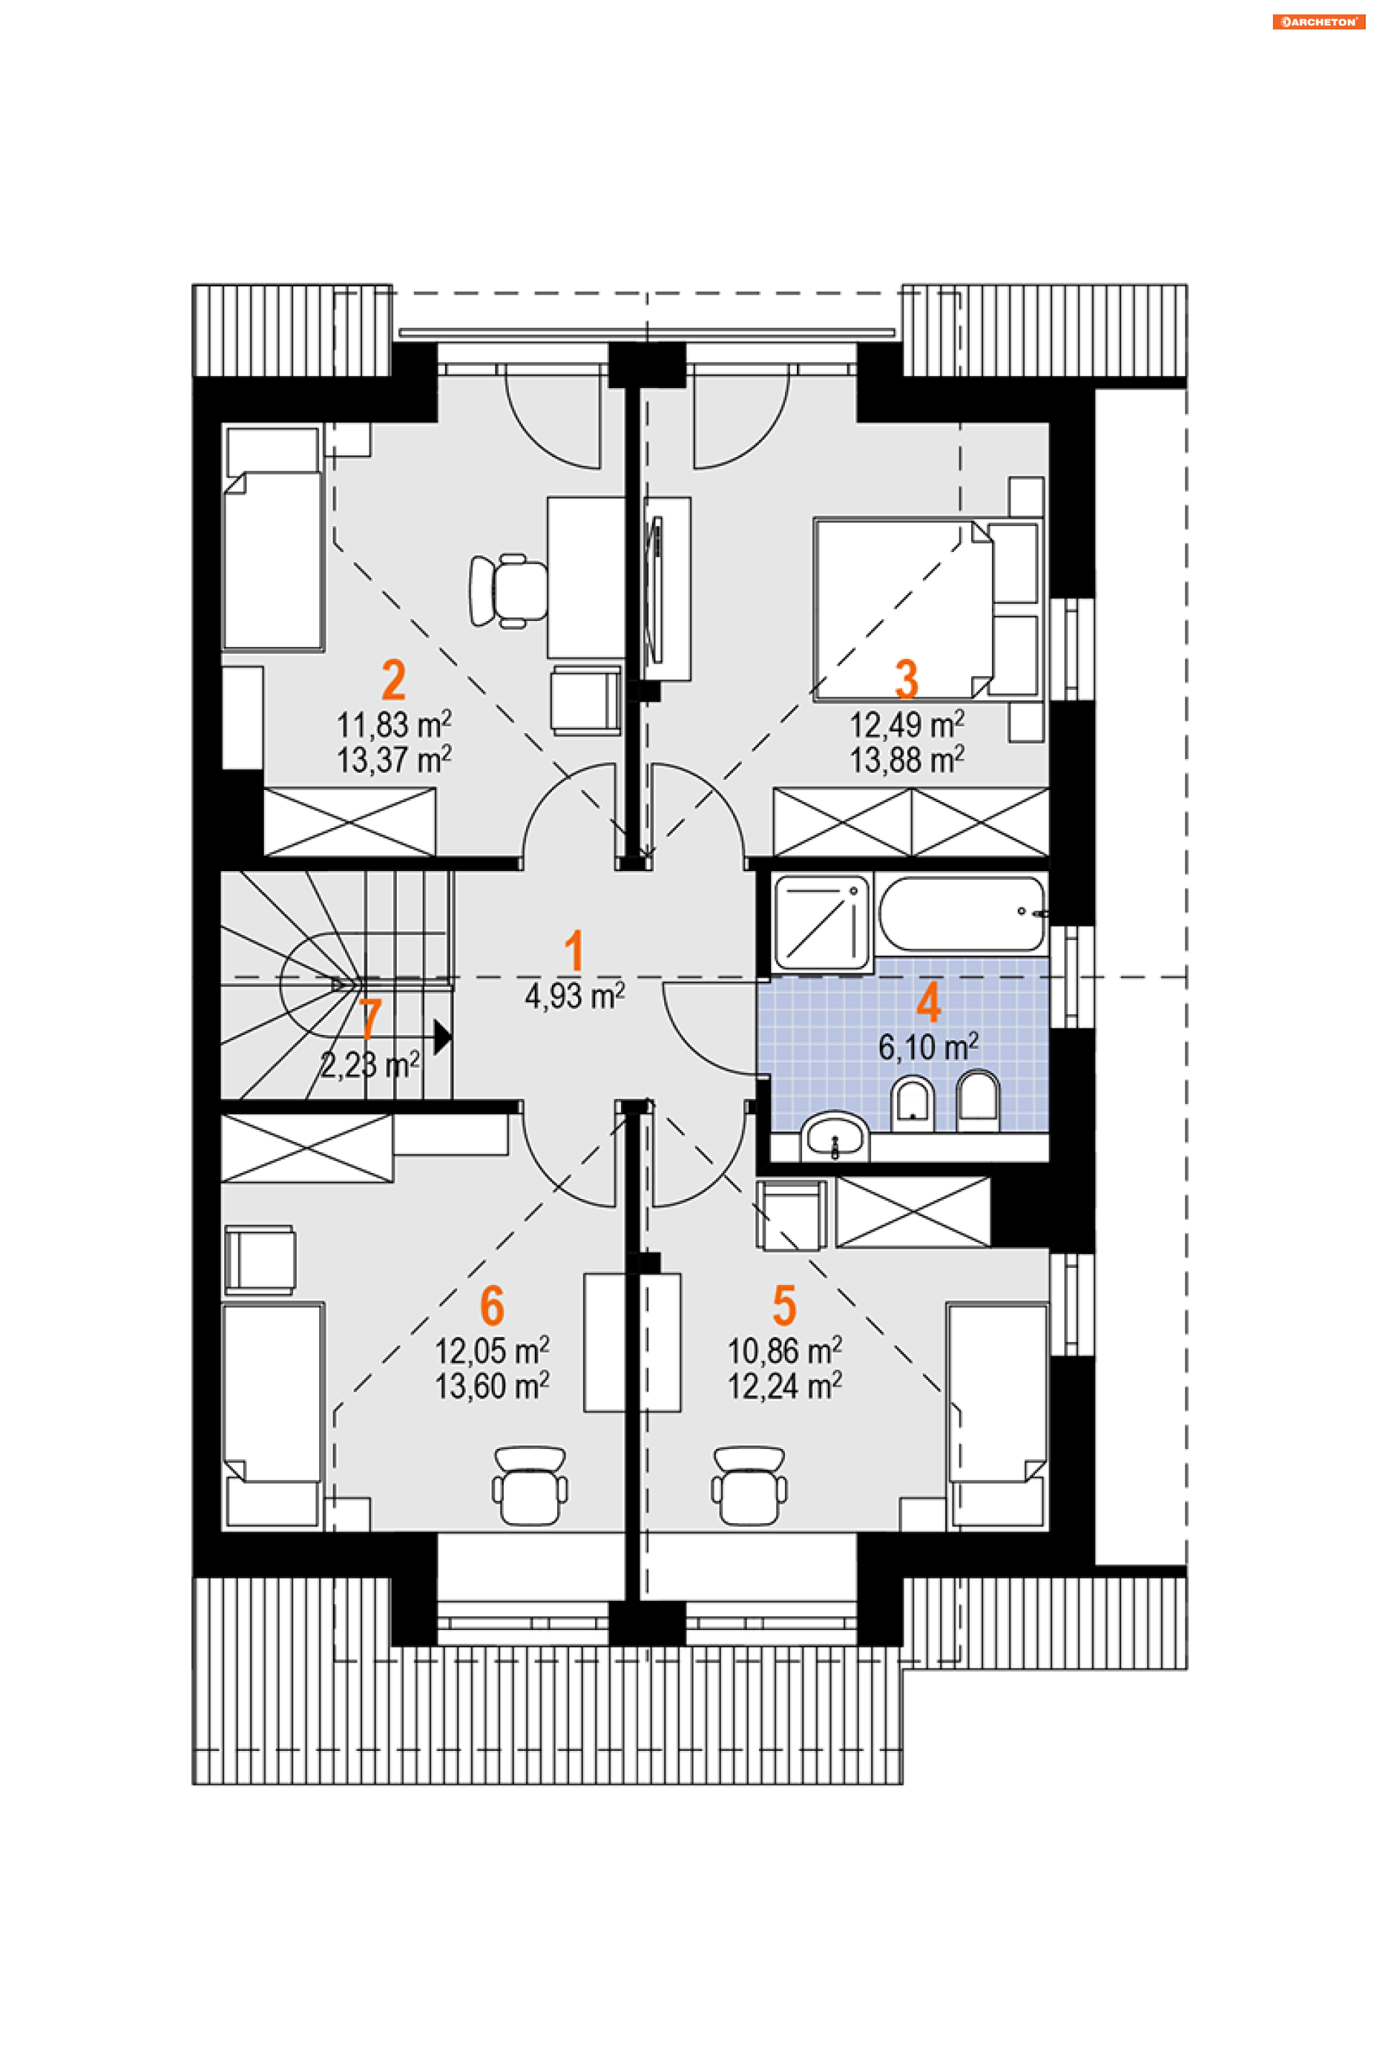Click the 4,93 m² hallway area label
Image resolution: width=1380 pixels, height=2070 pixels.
point(575,996)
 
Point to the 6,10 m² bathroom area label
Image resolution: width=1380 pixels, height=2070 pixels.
point(929,1047)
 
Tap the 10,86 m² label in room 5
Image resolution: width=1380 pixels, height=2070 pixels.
point(784,1350)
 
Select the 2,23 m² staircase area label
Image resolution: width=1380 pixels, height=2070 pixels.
point(369,1065)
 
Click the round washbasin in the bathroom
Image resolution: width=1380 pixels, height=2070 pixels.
point(834,1137)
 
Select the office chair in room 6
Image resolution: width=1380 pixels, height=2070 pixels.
point(530,1486)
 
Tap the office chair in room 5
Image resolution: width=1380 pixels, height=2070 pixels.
point(749,1486)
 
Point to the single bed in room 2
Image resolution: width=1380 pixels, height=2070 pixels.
point(272,538)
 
